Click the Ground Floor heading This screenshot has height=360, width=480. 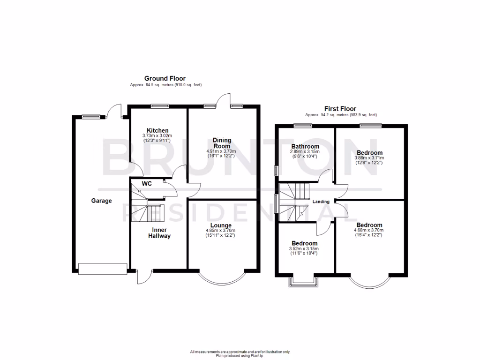[x=165, y=78]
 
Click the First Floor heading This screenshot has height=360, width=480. [x=340, y=109]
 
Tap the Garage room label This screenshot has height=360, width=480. [x=101, y=201]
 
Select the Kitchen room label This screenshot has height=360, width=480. [x=157, y=130]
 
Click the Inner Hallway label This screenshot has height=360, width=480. [x=160, y=233]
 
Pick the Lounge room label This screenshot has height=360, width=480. [x=221, y=225]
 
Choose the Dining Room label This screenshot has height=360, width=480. [x=222, y=143]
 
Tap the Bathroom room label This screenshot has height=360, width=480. [x=305, y=146]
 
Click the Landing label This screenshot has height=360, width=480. [x=322, y=202]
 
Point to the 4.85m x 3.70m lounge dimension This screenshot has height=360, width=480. [x=221, y=231]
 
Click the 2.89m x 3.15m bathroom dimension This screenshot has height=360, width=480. [x=305, y=151]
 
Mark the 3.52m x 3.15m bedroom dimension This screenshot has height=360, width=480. [x=304, y=248]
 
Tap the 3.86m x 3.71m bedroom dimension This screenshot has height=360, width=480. [x=369, y=158]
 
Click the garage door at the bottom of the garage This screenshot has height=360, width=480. [x=103, y=269]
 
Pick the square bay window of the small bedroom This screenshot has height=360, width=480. [x=305, y=281]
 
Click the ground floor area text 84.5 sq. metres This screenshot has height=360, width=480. [x=166, y=85]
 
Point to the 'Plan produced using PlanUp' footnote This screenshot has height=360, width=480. [x=240, y=354]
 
